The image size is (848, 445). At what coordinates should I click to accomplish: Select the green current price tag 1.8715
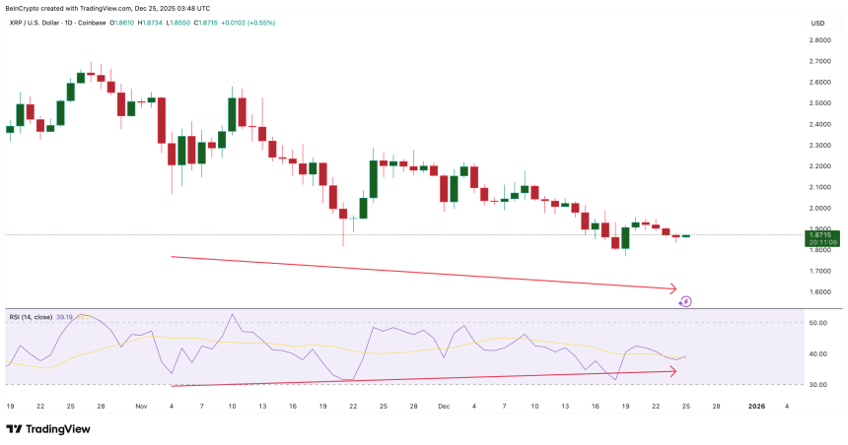coord(821,235)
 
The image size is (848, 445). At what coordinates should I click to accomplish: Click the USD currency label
coord(817,23)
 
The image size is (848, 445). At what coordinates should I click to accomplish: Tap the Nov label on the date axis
coord(140,406)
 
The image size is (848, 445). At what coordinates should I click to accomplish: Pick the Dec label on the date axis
coord(443,406)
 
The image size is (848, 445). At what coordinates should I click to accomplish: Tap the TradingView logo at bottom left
coord(49,428)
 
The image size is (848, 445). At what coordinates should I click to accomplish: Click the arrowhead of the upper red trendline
coord(673,289)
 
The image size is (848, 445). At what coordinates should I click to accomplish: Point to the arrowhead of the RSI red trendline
coord(673,371)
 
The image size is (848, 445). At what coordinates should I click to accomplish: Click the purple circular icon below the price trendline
coord(686,301)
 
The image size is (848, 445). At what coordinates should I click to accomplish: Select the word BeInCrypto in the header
coord(24,7)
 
